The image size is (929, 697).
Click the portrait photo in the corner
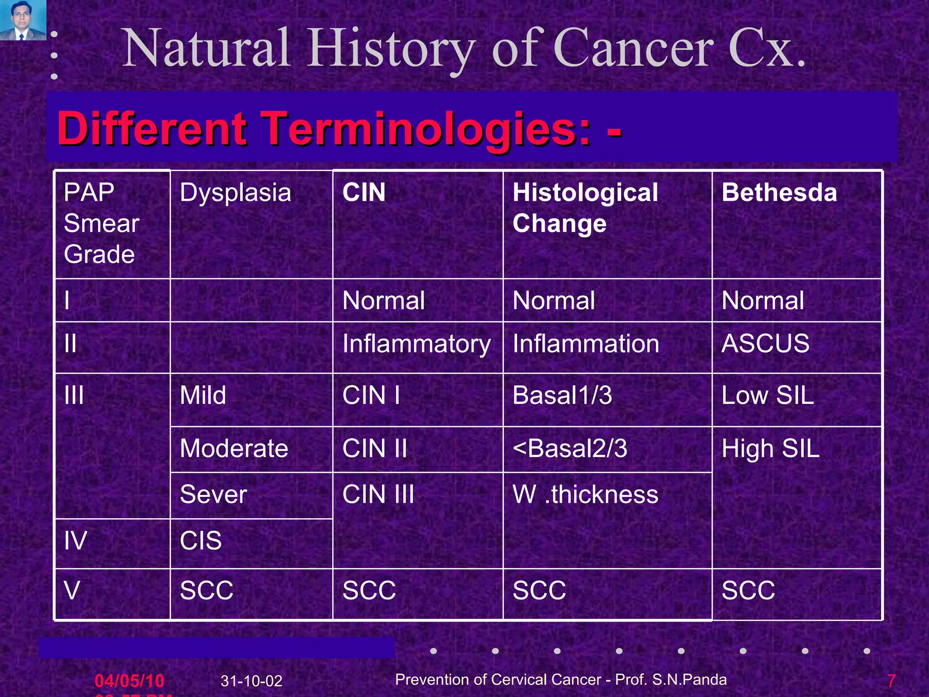pyautogui.click(x=23, y=20)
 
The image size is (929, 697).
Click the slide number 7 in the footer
pyautogui.click(x=891, y=681)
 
